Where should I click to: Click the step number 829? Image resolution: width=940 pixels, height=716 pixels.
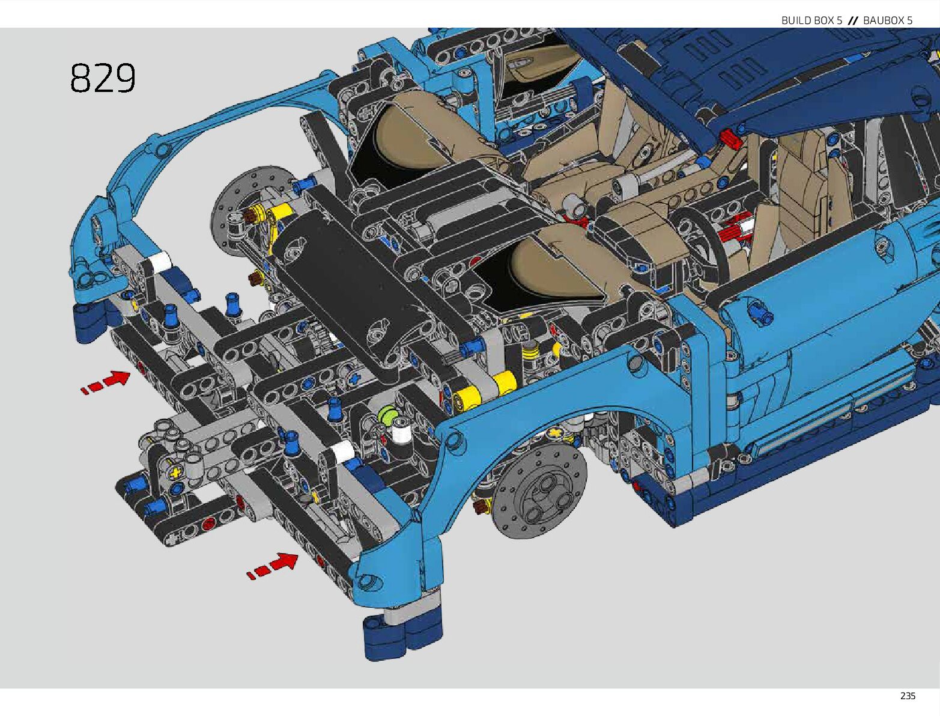point(103,78)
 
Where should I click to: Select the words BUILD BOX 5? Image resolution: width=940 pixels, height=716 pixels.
point(811,20)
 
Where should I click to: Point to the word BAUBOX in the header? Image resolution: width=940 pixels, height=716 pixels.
point(882,20)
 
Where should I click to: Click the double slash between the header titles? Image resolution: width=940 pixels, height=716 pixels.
point(852,20)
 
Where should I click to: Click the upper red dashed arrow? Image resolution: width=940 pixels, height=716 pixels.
point(105,382)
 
